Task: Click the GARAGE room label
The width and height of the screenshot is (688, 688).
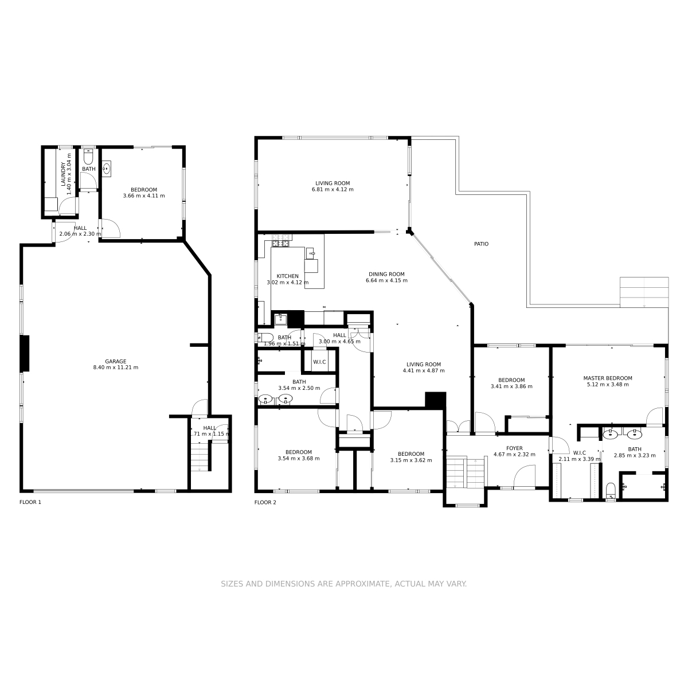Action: (115, 361)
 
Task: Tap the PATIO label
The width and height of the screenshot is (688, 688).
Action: (481, 244)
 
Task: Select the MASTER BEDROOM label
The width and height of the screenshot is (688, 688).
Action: (607, 378)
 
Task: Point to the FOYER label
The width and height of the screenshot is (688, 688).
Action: (514, 448)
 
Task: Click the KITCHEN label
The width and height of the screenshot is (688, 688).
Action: (287, 276)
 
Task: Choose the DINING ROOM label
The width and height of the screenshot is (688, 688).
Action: (386, 274)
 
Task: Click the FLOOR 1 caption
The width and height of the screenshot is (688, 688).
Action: (30, 502)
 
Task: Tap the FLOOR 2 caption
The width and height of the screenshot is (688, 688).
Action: (265, 502)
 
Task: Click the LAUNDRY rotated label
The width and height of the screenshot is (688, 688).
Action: (63, 174)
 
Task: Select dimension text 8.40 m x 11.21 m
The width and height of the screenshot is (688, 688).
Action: (115, 368)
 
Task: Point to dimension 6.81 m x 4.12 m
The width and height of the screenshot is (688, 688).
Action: (333, 189)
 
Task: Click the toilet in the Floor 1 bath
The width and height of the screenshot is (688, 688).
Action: (88, 157)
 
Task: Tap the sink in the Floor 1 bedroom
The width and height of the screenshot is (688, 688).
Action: (107, 169)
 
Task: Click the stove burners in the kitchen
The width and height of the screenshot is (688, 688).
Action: (282, 240)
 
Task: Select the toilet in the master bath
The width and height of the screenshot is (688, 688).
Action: (611, 491)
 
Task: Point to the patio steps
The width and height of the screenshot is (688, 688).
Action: (644, 292)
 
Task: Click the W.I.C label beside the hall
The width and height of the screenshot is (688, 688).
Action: (319, 362)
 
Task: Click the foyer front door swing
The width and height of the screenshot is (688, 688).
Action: (525, 476)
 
